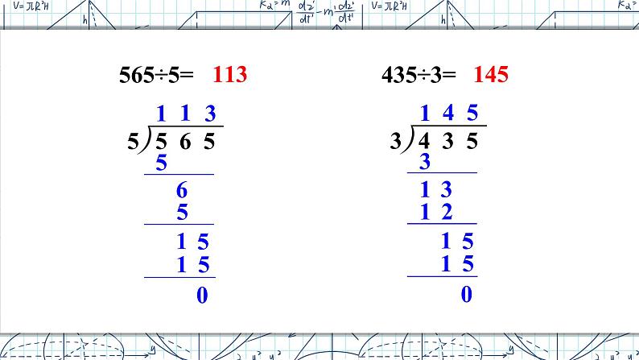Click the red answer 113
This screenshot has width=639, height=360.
coord(230,74)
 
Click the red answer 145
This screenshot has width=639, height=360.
coord(491,74)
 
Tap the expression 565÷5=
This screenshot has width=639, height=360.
coord(156,75)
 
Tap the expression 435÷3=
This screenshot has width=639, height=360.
coord(418,75)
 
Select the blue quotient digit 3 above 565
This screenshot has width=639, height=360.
coord(210,113)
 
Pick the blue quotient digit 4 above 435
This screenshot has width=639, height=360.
coord(448,113)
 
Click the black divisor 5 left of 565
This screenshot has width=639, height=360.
coord(134,142)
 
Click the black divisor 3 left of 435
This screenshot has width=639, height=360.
coord(396,142)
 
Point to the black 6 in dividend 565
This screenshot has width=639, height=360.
coord(185,142)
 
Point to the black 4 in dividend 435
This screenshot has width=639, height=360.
coord(424,141)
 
